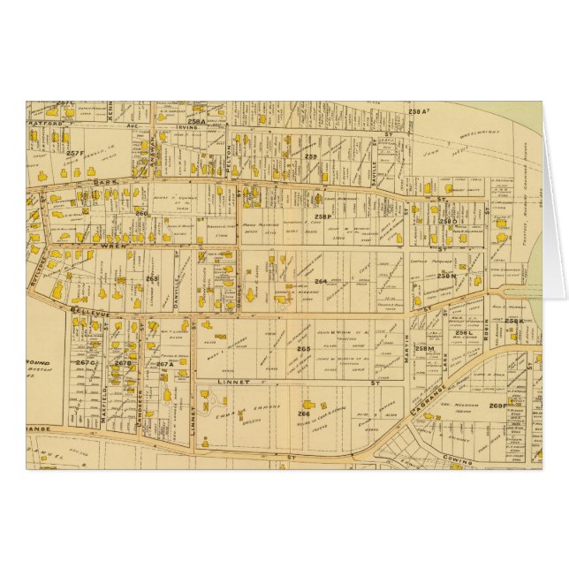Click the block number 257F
tap(76, 154)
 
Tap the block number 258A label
tap(195, 121)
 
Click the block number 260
tap(140, 213)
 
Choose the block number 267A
tap(164, 363)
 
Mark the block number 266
tap(303, 413)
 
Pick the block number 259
tap(310, 156)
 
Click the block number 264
tap(320, 282)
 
